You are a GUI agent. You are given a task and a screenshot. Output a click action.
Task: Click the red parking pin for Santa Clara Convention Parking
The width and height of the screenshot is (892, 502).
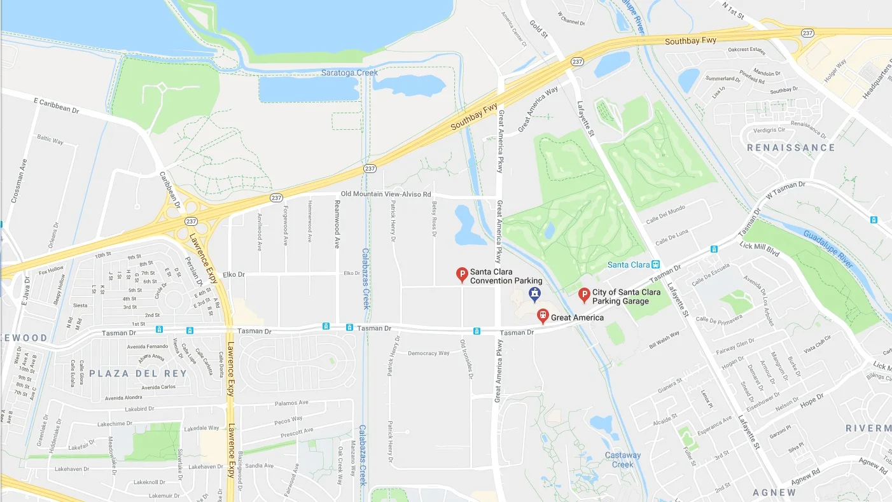tap(463, 275)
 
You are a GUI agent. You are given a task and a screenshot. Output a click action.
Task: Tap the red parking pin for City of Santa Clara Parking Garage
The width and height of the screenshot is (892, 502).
tap(583, 295)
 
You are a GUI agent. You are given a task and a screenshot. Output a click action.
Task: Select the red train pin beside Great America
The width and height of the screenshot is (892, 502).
tap(543, 315)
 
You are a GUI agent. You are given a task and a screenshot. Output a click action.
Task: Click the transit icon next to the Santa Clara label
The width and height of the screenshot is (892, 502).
tap(656, 265)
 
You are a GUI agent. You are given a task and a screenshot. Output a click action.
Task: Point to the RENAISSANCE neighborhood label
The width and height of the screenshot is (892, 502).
tap(791, 148)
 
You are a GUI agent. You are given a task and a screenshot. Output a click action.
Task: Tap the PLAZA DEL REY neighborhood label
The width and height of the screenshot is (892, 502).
tap(138, 373)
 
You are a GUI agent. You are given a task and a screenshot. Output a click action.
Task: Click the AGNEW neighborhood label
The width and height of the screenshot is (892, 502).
tap(774, 492)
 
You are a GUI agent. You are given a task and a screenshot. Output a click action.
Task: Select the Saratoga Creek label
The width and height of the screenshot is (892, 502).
tap(349, 73)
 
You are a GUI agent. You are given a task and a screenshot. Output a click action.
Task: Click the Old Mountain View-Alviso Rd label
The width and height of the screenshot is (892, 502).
tap(386, 194)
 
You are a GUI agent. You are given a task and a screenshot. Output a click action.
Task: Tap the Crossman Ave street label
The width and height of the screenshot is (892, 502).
tap(18, 180)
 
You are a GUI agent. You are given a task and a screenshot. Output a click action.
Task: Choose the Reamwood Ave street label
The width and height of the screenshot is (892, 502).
tap(337, 224)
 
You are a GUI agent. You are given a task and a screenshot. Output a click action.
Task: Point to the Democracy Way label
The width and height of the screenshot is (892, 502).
tap(428, 353)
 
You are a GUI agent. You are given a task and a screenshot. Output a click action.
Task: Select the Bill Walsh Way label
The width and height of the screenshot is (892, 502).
tap(664, 340)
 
